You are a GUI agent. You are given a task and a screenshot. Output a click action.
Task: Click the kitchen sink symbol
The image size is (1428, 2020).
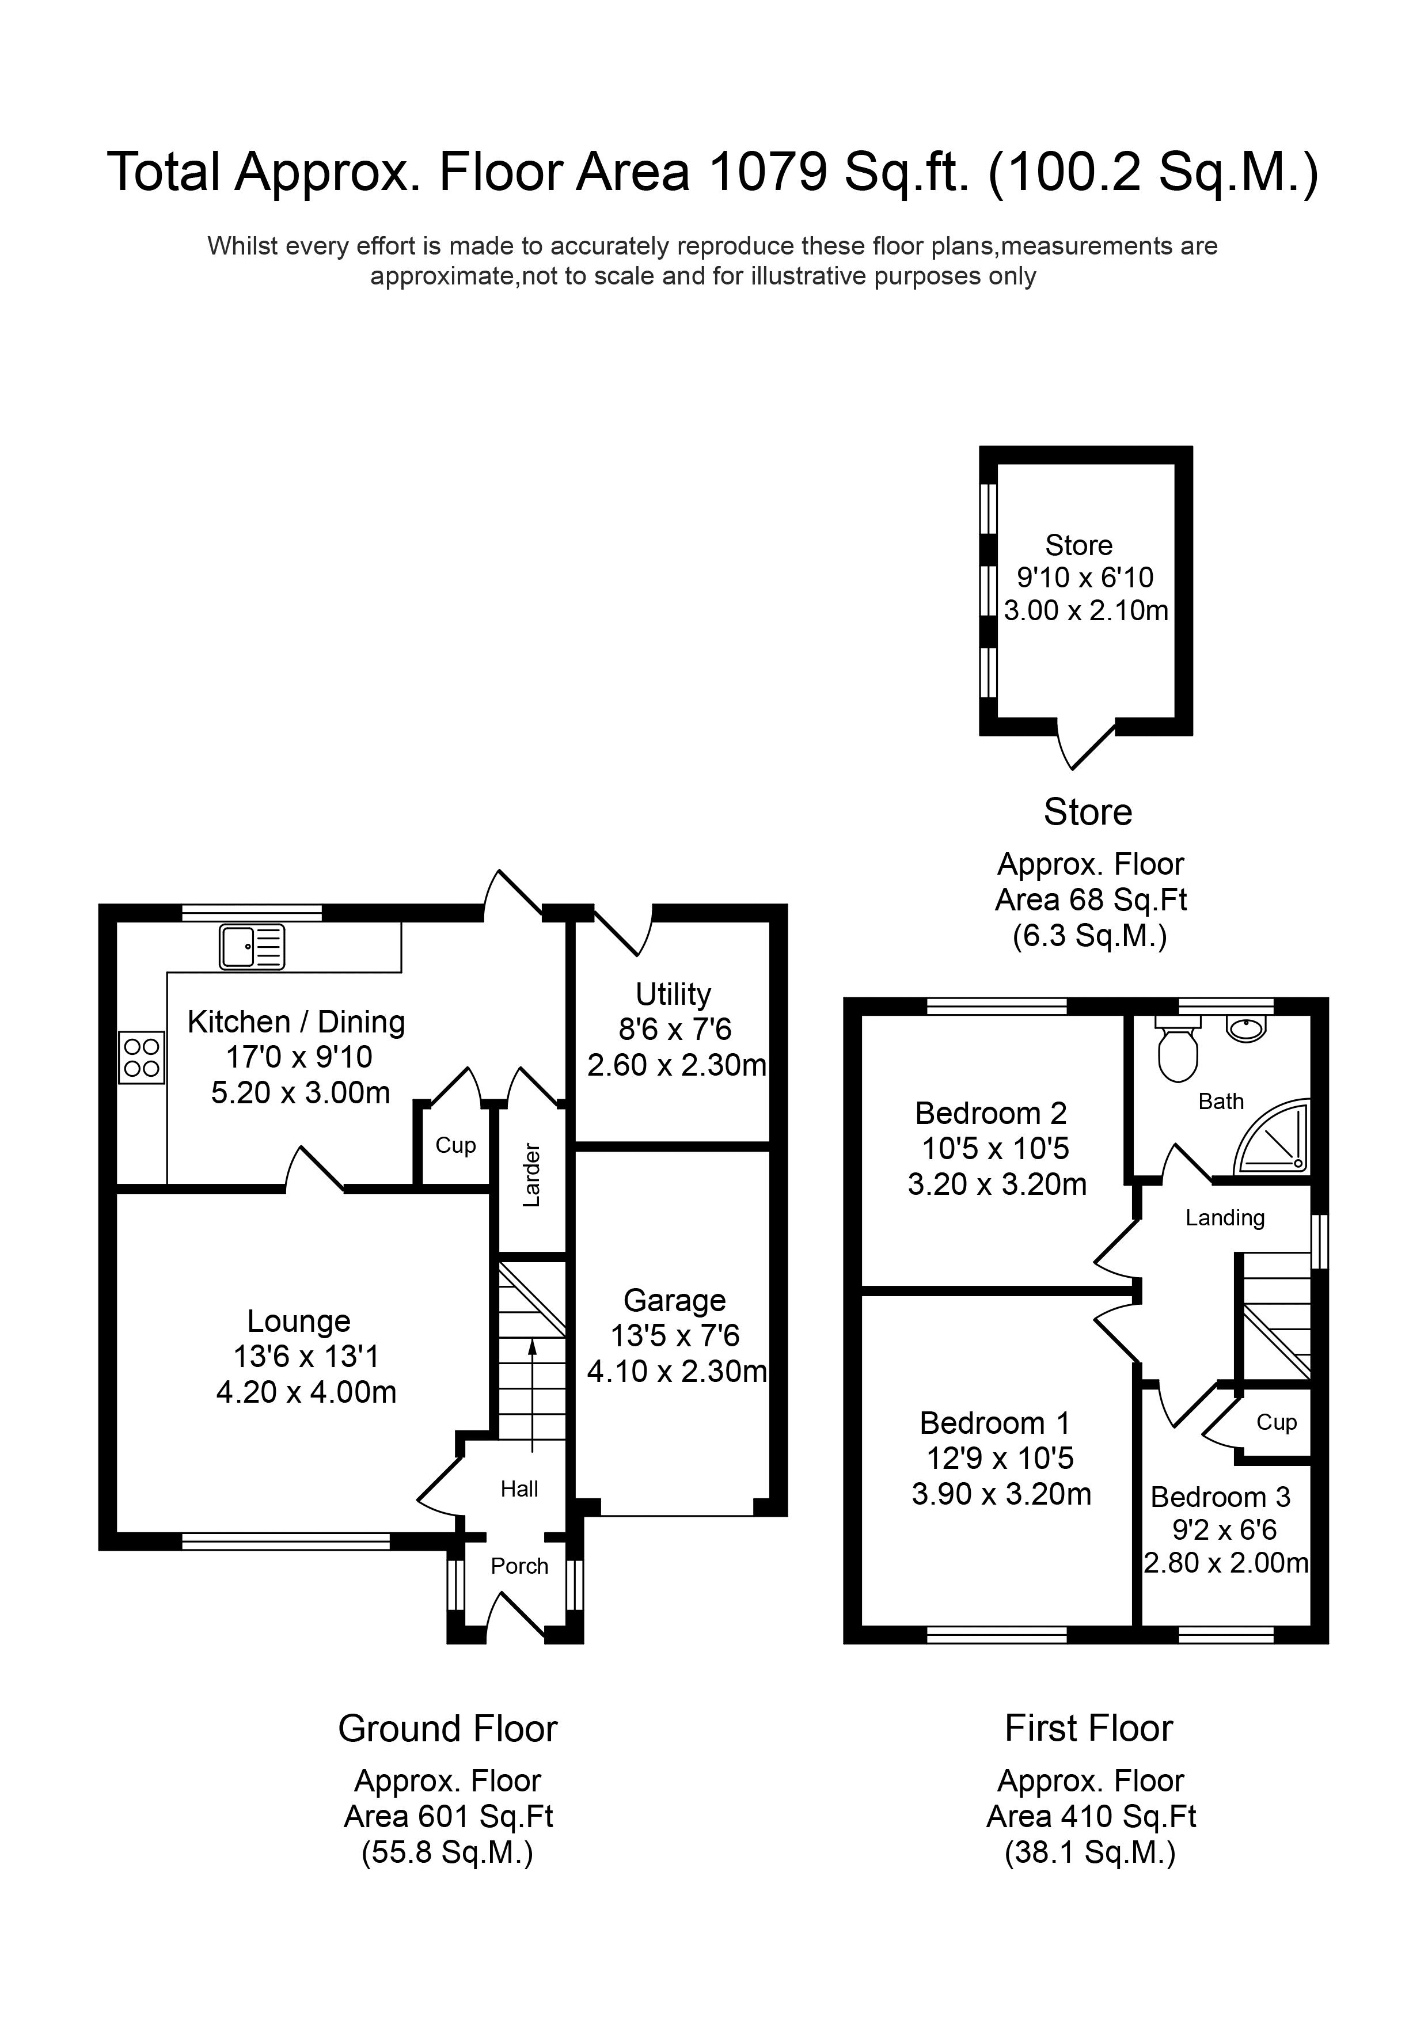tap(252, 947)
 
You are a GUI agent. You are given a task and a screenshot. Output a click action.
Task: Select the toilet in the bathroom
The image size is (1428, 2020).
tap(1178, 1051)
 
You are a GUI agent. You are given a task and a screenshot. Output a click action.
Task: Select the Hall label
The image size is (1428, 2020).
tap(519, 1489)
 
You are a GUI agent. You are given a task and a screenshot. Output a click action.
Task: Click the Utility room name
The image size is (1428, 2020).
tap(673, 994)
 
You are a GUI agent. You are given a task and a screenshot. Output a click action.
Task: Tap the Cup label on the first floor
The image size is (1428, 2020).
tap(1276, 1422)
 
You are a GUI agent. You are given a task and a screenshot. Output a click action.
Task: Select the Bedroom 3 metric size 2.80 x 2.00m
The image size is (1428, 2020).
tap(1226, 1563)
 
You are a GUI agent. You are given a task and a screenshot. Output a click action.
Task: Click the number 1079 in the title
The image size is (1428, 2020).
tap(767, 172)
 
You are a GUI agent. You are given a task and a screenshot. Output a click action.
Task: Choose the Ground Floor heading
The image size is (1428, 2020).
tap(448, 1729)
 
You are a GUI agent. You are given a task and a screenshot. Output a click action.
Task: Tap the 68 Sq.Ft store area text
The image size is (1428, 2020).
tap(1091, 899)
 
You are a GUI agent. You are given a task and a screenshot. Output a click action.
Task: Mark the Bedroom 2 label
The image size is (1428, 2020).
tap(991, 1113)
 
